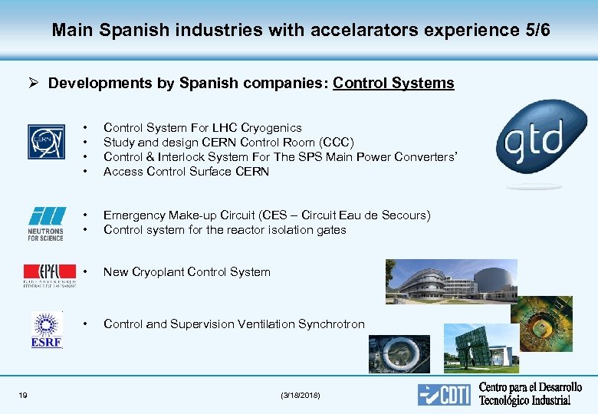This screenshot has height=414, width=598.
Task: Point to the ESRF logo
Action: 47,330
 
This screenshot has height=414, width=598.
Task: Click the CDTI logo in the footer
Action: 445,394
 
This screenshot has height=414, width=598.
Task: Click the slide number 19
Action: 23,395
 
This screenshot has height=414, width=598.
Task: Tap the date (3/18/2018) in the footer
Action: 301,395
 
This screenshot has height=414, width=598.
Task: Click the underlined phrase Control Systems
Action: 394,83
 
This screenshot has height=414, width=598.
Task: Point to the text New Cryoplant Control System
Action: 186,272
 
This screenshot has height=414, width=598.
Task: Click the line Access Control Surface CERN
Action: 186,172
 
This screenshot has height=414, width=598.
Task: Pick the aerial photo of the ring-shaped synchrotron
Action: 399,353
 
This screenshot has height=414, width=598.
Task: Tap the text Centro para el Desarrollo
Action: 530,387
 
